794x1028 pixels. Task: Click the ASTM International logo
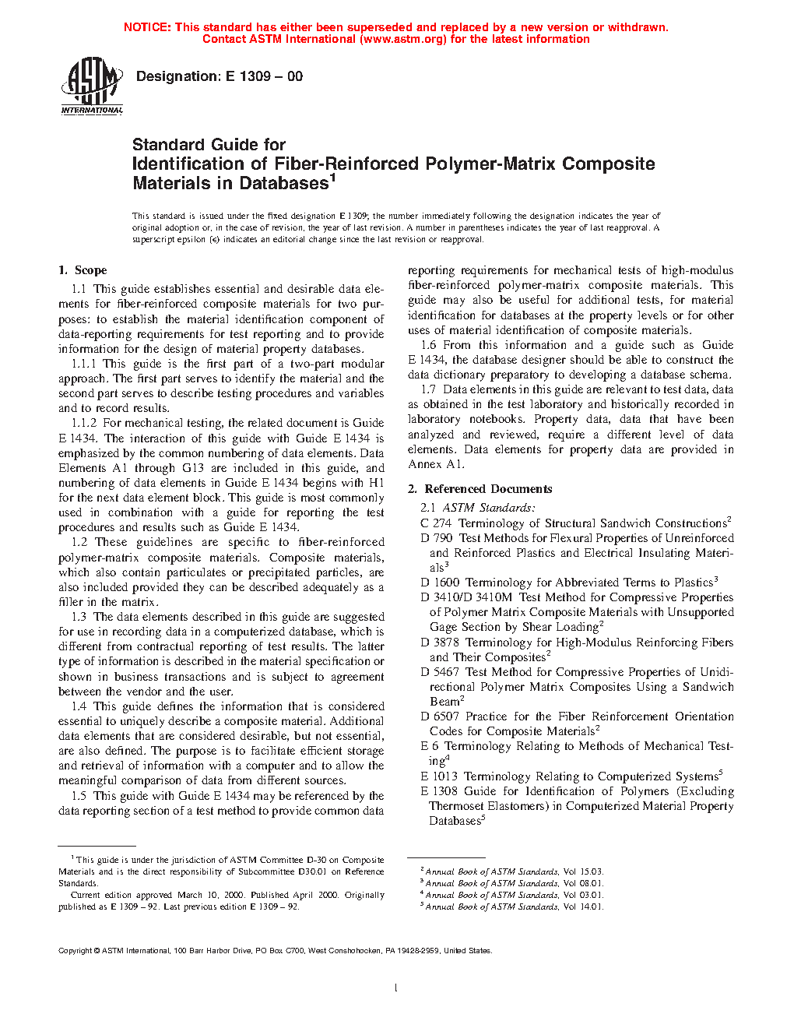[92, 86]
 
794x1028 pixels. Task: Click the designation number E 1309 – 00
[264, 76]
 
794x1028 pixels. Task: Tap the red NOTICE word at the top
[147, 27]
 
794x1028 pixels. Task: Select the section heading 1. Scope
[83, 270]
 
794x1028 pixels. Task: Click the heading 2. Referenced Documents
[480, 489]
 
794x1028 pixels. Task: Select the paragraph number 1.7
[428, 389]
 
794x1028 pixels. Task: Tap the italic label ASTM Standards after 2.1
[489, 508]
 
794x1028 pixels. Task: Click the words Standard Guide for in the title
[209, 145]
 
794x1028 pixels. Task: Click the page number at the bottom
[396, 988]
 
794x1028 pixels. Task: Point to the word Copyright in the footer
[76, 950]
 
